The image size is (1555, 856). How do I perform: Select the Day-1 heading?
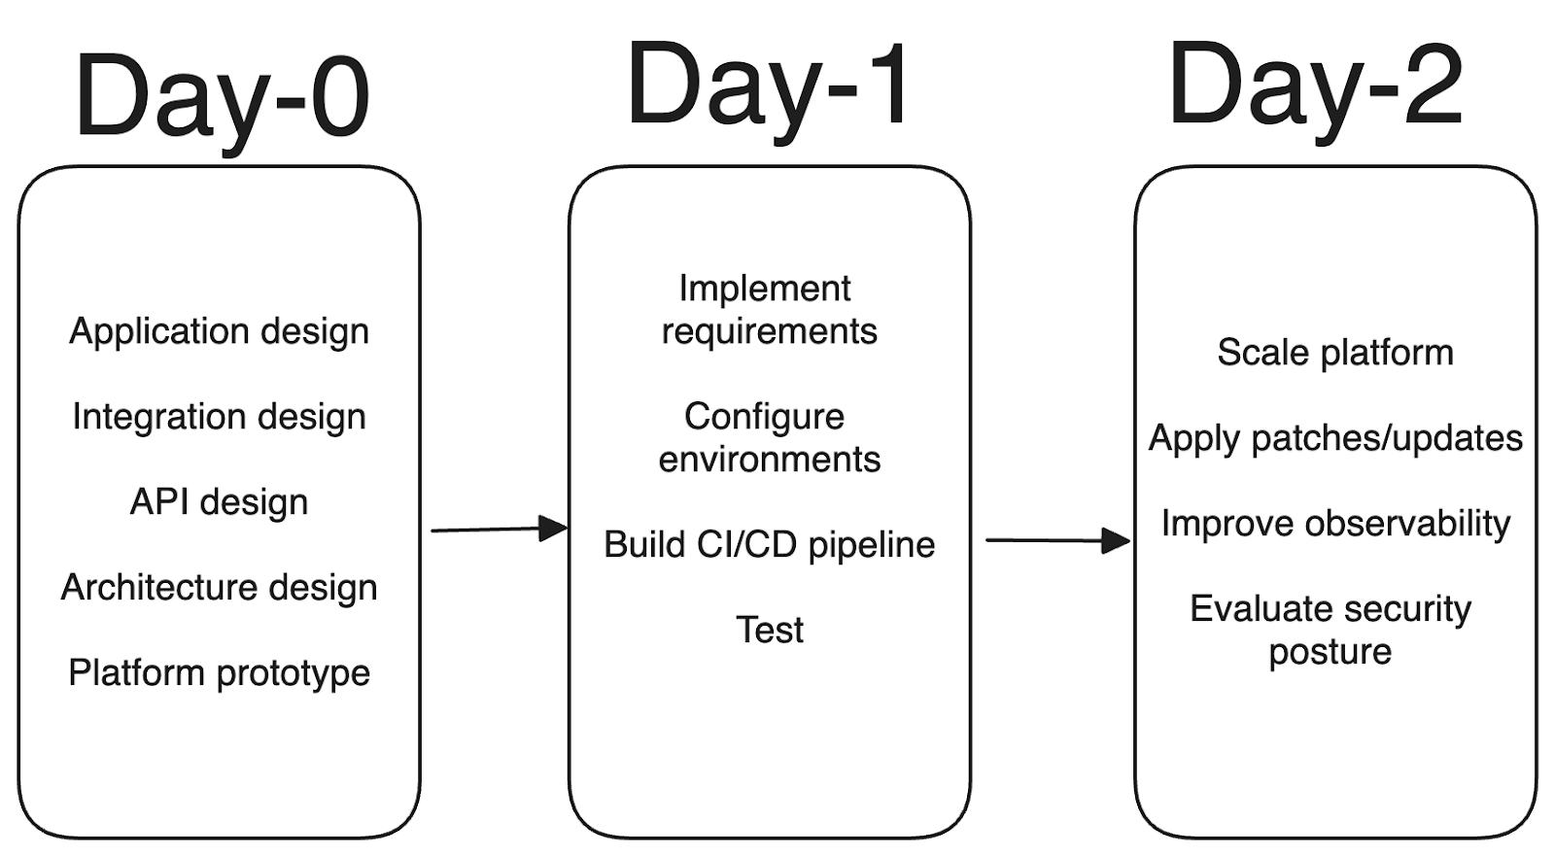pyautogui.click(x=768, y=86)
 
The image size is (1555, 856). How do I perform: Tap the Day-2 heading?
pyautogui.click(x=1316, y=86)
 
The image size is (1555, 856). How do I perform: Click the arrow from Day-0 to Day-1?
pyautogui.click(x=498, y=530)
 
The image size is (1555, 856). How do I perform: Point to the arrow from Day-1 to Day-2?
pyautogui.click(x=1057, y=540)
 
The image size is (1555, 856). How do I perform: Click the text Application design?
pyautogui.click(x=219, y=331)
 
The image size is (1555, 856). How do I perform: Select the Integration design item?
pyautogui.click(x=219, y=417)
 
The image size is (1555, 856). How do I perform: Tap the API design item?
pyautogui.click(x=219, y=502)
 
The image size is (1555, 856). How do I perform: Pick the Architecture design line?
pyautogui.click(x=219, y=588)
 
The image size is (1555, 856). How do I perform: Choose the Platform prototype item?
pyautogui.click(x=219, y=673)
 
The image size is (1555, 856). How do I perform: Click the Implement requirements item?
pyautogui.click(x=768, y=310)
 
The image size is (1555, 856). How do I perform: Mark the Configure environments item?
pyautogui.click(x=768, y=438)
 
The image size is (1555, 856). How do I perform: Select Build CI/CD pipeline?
pyautogui.click(x=768, y=545)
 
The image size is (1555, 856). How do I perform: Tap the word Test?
pyautogui.click(x=769, y=631)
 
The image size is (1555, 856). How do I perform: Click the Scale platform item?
pyautogui.click(x=1334, y=353)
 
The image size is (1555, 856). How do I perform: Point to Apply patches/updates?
pyautogui.click(x=1334, y=438)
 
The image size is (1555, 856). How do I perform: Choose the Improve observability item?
pyautogui.click(x=1334, y=524)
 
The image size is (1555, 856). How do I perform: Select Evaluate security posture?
pyautogui.click(x=1330, y=631)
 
